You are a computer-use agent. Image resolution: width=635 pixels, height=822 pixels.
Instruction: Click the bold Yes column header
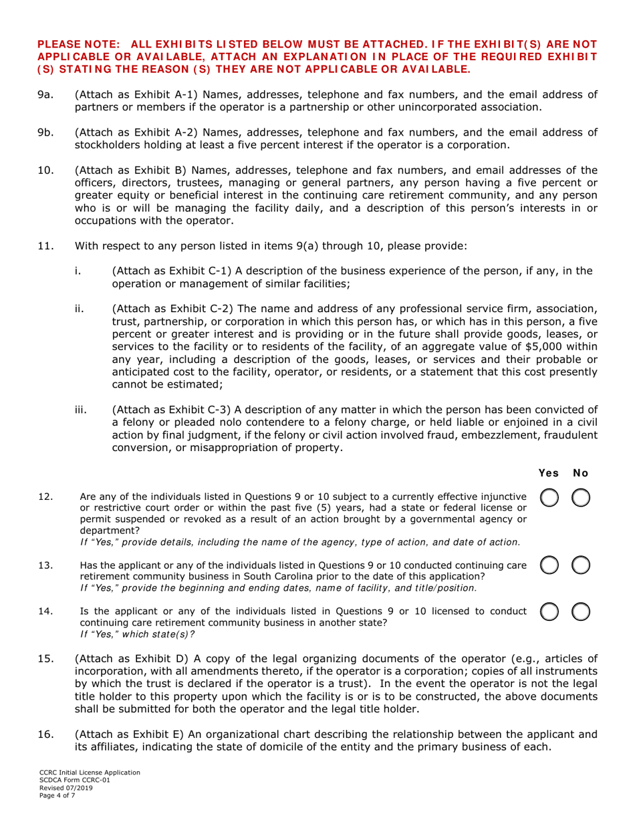[x=549, y=473]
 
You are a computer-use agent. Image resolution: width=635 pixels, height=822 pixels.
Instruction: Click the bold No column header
[x=580, y=473]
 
